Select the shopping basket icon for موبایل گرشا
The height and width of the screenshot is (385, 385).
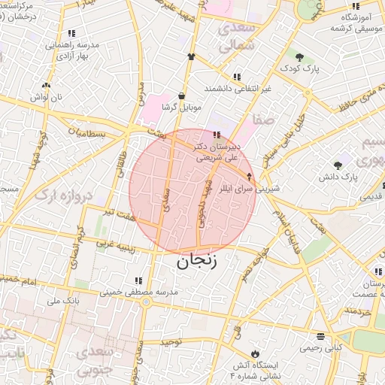(182, 96)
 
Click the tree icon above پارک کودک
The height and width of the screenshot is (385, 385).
(299, 57)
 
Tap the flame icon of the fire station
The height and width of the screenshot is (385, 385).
(255, 353)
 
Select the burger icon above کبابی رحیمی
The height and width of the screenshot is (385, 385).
(321, 336)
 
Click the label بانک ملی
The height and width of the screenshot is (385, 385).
(63, 301)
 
